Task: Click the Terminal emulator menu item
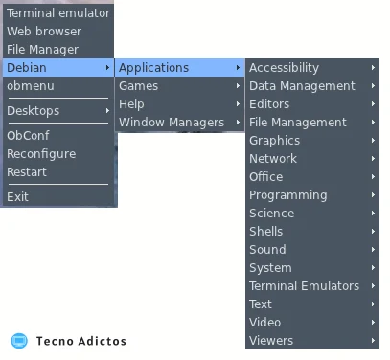click(58, 13)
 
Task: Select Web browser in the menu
click(44, 32)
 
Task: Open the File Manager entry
click(42, 50)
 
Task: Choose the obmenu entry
click(31, 86)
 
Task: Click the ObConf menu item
click(28, 135)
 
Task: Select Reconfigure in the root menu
click(41, 154)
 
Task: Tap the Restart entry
click(27, 172)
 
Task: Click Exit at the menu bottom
click(17, 196)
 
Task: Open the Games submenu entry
click(138, 86)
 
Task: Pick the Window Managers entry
click(172, 123)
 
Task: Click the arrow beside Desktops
click(107, 111)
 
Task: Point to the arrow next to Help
click(238, 104)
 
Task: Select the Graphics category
click(274, 141)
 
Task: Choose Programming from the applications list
click(288, 195)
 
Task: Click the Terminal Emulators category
click(304, 286)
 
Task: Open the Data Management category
click(302, 86)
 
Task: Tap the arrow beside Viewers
click(373, 341)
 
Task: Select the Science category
click(272, 214)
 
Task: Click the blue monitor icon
click(19, 341)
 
